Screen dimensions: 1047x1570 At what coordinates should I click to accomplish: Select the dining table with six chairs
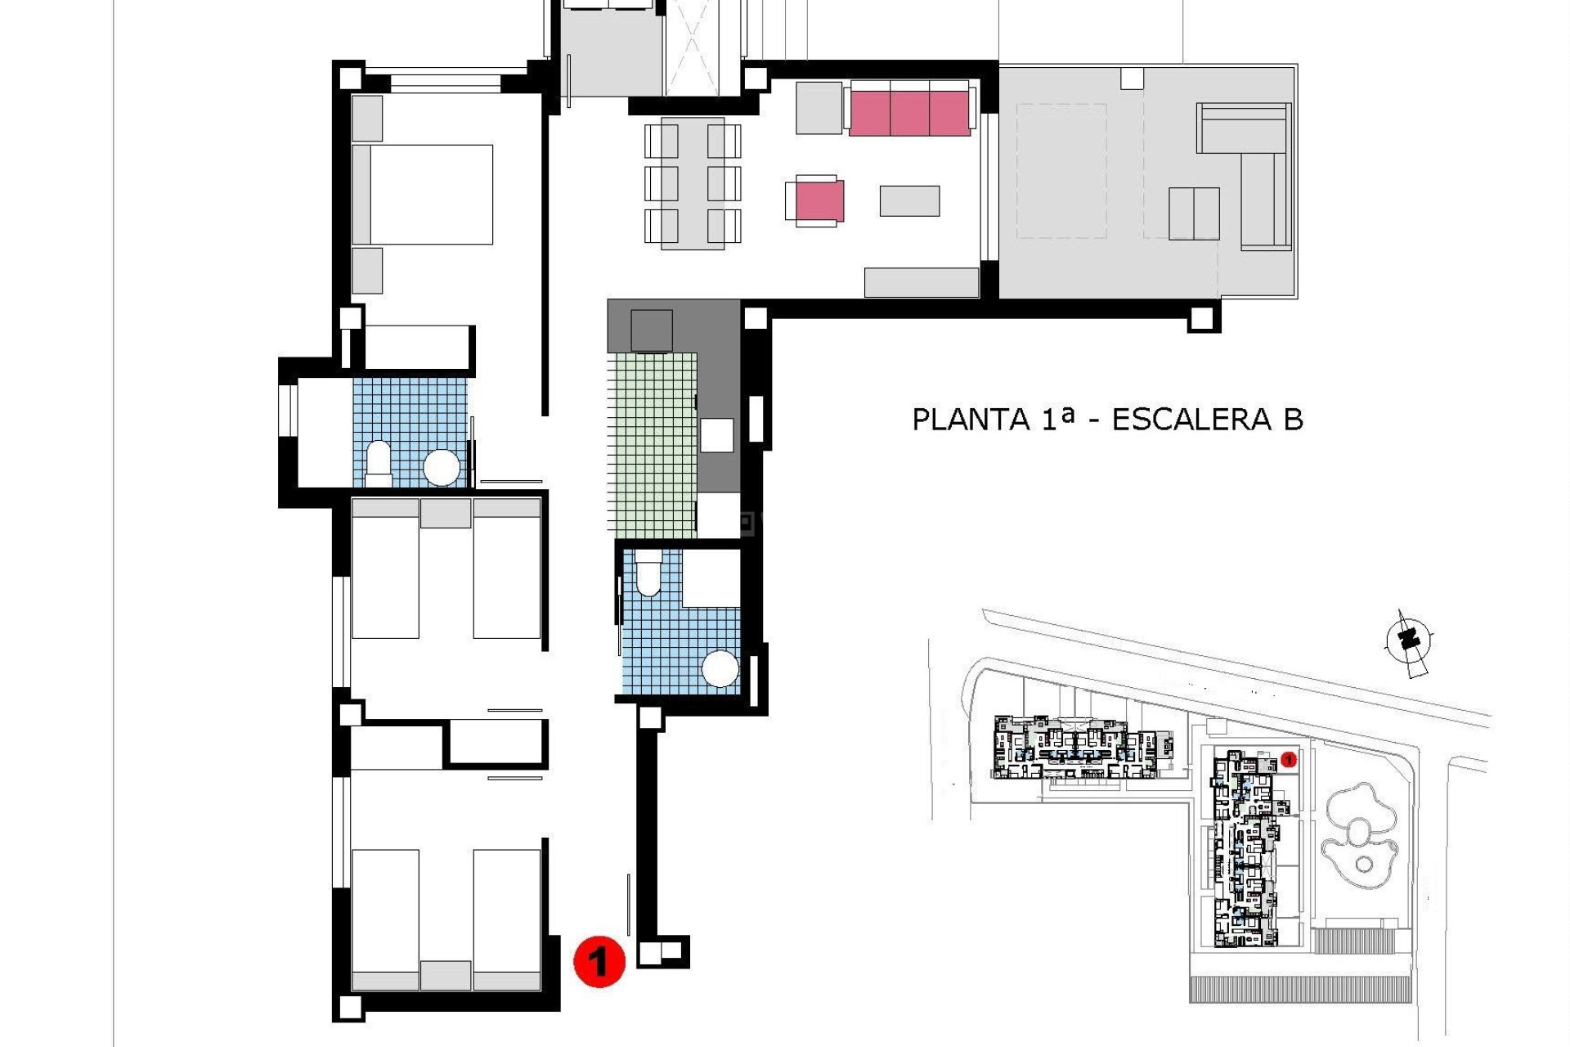tap(693, 183)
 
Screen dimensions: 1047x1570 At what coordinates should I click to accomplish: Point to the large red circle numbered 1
tap(599, 961)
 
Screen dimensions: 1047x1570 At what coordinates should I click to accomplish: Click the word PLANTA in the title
tap(970, 420)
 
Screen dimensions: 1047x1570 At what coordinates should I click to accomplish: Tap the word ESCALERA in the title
tap(1191, 420)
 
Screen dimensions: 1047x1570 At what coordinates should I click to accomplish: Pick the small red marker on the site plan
tap(1289, 760)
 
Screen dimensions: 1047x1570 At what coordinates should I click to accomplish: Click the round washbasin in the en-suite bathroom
tap(442, 468)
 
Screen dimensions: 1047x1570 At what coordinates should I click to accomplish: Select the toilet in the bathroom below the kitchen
tap(648, 573)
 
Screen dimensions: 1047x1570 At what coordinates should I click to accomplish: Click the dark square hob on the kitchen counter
tap(652, 330)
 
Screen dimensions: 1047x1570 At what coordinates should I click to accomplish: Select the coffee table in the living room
tap(909, 201)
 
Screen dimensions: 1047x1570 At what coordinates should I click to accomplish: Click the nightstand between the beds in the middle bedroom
tap(446, 514)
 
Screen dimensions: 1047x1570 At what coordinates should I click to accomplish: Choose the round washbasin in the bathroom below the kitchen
tap(720, 669)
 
